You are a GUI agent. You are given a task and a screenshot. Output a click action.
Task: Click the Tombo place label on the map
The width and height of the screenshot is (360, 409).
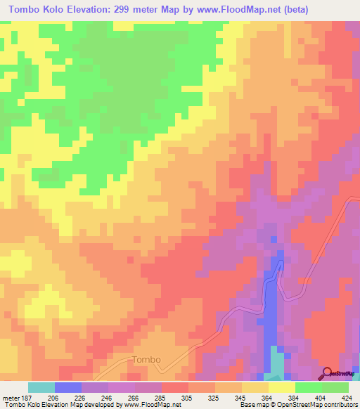(x=146, y=360)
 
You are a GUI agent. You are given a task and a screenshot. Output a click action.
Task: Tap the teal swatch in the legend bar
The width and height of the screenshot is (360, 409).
(x=41, y=387)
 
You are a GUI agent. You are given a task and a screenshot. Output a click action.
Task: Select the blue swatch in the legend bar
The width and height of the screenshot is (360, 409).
(x=68, y=387)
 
